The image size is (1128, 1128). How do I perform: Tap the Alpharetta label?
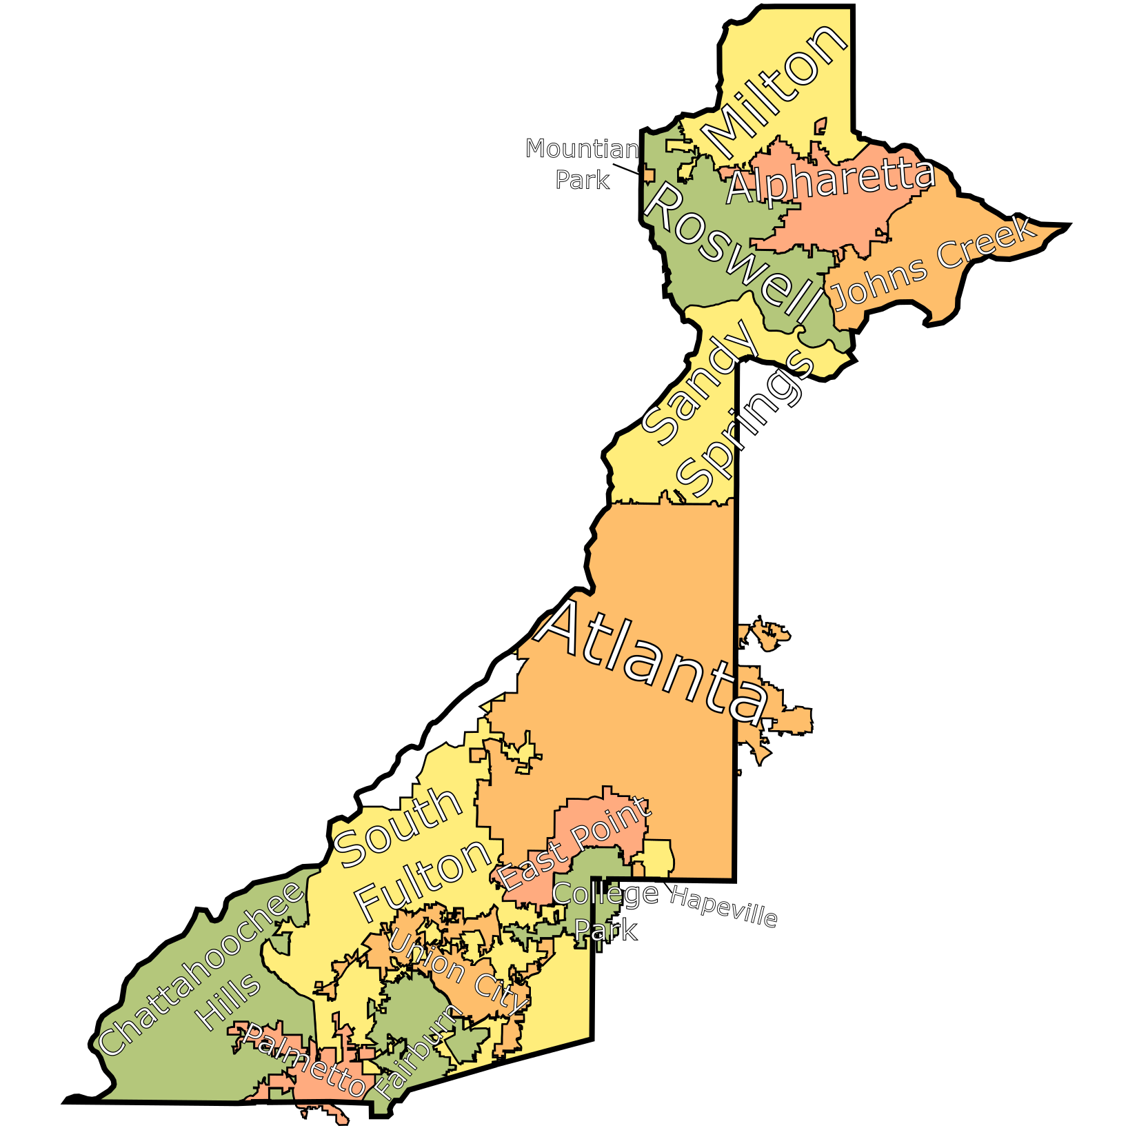(x=831, y=181)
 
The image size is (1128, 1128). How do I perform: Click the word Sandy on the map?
(x=700, y=383)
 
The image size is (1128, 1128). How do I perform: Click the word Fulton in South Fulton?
(x=423, y=879)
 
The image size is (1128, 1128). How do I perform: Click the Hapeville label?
(x=723, y=906)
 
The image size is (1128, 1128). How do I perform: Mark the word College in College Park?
(x=605, y=894)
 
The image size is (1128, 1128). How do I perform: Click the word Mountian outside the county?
(x=582, y=149)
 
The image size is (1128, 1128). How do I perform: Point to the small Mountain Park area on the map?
(x=649, y=174)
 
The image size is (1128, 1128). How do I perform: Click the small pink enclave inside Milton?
(x=820, y=126)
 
